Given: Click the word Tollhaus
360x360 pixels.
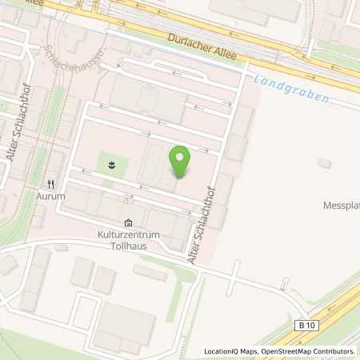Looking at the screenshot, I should [x=129, y=246].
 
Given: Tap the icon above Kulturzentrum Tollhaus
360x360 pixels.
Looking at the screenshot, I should [x=129, y=223].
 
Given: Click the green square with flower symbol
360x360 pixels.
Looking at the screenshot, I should [x=112, y=166].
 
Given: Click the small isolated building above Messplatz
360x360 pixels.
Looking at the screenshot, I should [x=324, y=163].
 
